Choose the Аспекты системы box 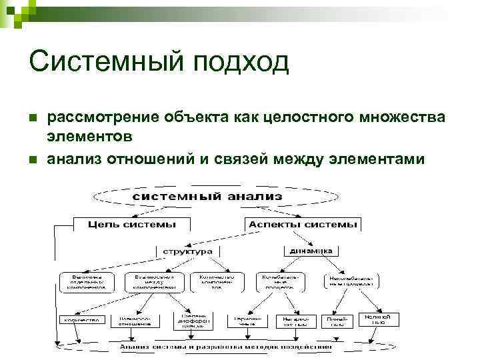(x=303, y=225)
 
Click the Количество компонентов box (x=214, y=282)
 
